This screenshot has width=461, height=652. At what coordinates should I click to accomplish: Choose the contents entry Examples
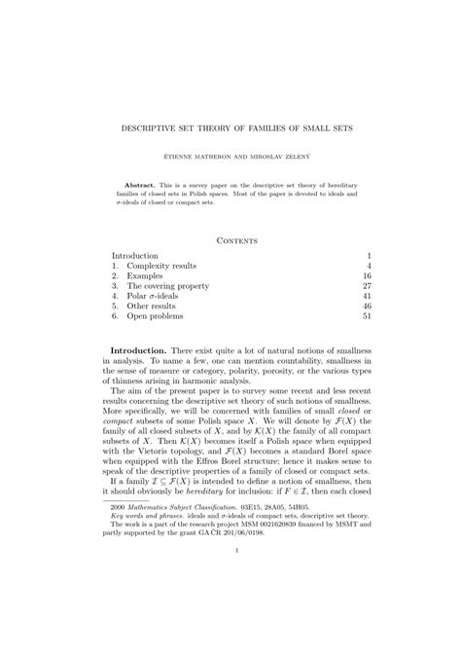(x=148, y=276)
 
